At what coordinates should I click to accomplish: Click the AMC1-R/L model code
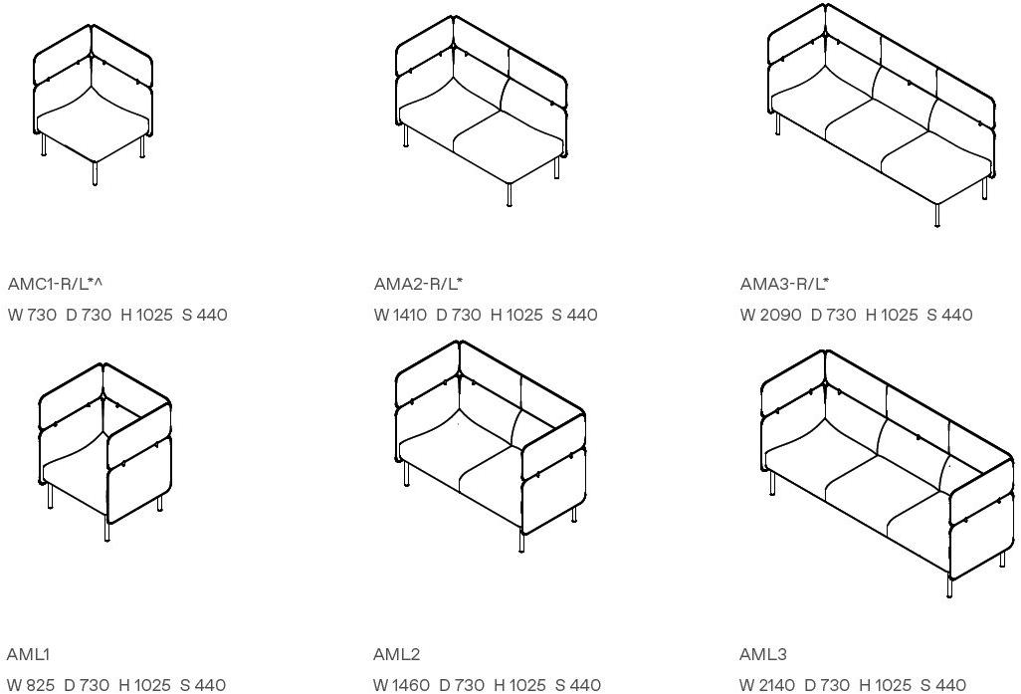point(56,284)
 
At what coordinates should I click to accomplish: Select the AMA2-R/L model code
point(418,284)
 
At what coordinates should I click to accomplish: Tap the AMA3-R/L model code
point(784,284)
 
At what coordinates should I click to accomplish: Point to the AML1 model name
point(28,654)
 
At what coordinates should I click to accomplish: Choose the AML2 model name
point(396,654)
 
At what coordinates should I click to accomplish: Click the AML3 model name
point(763,654)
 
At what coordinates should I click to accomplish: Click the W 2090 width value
point(770,316)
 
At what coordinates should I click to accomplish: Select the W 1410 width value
point(400,316)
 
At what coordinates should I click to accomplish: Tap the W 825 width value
point(31,685)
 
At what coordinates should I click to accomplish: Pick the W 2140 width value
point(767,685)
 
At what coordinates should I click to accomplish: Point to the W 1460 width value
point(401,685)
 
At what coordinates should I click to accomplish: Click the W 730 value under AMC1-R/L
point(33,316)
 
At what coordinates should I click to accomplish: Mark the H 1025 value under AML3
point(885,685)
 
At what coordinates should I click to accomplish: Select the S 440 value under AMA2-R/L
point(574,316)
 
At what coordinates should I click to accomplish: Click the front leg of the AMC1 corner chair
point(96,174)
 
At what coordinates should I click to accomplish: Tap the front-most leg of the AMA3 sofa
point(937,215)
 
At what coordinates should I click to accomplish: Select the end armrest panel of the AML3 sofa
point(981,520)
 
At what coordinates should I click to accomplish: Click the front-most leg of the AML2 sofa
point(521,542)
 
